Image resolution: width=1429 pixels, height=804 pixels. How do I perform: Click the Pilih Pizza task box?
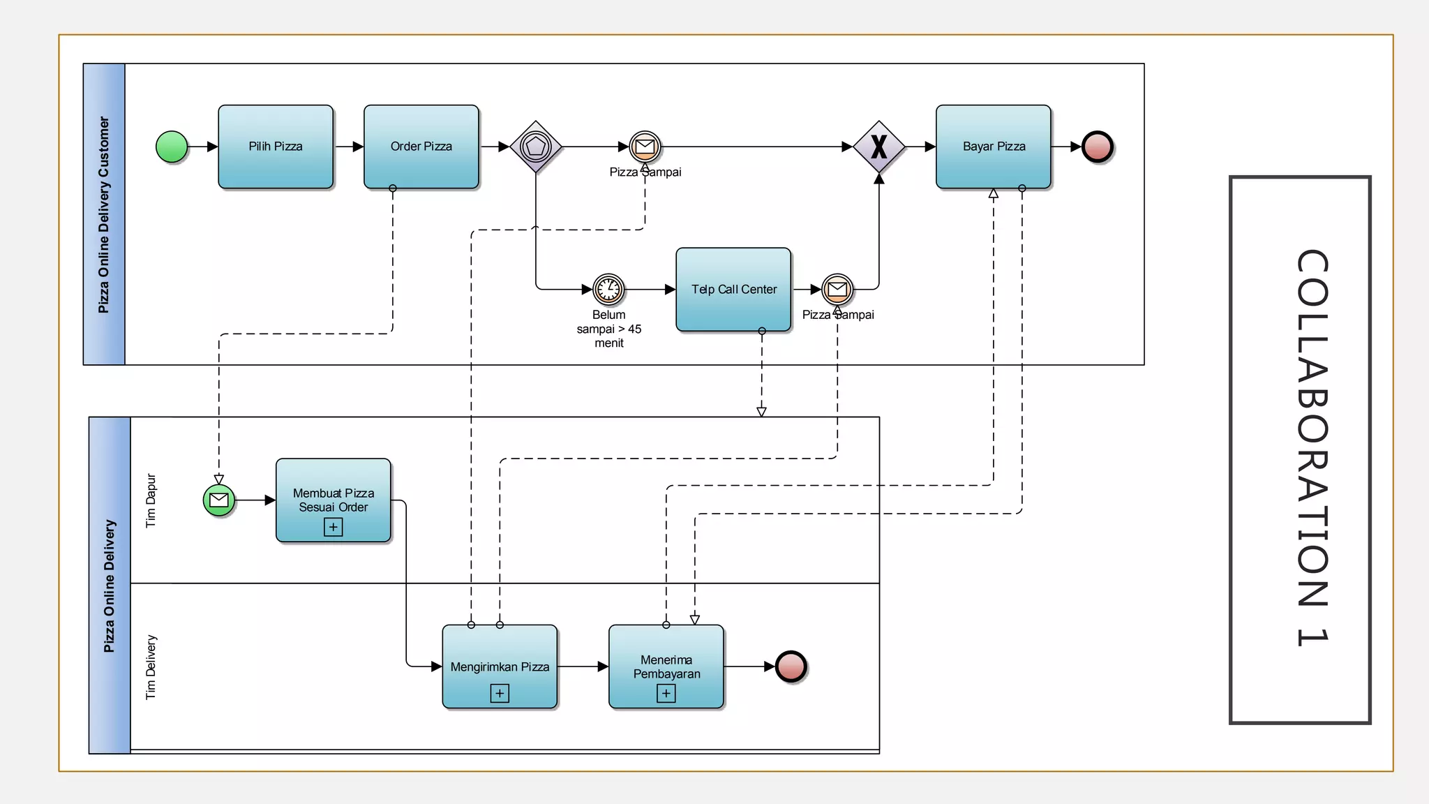tap(276, 147)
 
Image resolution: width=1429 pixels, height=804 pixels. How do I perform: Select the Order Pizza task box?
tap(421, 147)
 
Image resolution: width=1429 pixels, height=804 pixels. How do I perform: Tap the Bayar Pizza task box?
tap(994, 147)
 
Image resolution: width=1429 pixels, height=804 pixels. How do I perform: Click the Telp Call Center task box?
tap(733, 289)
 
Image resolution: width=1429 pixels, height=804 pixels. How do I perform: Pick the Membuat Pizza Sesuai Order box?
tap(334, 500)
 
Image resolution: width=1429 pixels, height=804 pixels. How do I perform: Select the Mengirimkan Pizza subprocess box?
tap(500, 667)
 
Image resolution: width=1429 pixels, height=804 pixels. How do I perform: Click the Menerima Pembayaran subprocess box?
tap(666, 667)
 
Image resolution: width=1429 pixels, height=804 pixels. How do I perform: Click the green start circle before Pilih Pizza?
tap(172, 147)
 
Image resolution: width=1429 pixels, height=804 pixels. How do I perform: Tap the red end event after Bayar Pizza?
tap(1098, 147)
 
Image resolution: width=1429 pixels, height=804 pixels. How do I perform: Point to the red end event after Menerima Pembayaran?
tap(791, 667)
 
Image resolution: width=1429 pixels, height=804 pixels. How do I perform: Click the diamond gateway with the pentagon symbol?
tap(536, 147)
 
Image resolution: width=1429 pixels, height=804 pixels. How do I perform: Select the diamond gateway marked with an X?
tap(879, 147)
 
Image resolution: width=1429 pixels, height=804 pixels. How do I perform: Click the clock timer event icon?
tap(608, 289)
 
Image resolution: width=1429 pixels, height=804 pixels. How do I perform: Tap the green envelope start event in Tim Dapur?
tap(219, 500)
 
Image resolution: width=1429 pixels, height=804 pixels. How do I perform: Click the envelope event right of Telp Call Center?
tap(837, 289)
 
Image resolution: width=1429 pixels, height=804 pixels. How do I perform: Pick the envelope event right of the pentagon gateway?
tap(645, 147)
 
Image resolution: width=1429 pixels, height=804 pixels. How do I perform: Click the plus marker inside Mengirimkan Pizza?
tap(500, 693)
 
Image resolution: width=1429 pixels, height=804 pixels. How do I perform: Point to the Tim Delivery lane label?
tap(151, 667)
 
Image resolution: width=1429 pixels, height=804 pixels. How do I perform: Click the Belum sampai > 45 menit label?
tap(608, 329)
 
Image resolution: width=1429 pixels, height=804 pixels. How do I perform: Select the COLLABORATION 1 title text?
tap(1312, 448)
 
